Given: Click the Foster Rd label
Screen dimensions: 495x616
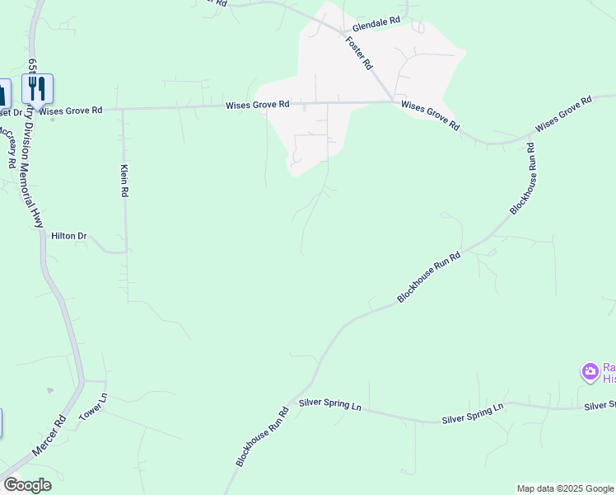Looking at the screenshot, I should (x=360, y=53).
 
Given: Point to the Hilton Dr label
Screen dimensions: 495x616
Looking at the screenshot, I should (x=69, y=236).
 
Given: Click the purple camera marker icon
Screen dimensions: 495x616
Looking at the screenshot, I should (x=590, y=372).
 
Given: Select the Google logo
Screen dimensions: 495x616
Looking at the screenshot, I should (x=27, y=485).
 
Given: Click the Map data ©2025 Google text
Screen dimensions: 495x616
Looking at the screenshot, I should (x=564, y=488).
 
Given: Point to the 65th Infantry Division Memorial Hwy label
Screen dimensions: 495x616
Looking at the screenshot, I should (x=35, y=142).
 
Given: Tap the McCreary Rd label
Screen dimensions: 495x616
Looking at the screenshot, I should (x=8, y=147).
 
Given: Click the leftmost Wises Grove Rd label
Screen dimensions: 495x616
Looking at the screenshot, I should (x=71, y=110).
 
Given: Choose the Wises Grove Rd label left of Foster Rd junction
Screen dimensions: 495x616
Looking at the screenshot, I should (x=258, y=105).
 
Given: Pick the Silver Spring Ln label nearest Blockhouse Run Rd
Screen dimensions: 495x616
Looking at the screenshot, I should (x=330, y=405).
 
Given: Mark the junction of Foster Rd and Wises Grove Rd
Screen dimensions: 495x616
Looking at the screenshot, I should (x=392, y=101).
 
